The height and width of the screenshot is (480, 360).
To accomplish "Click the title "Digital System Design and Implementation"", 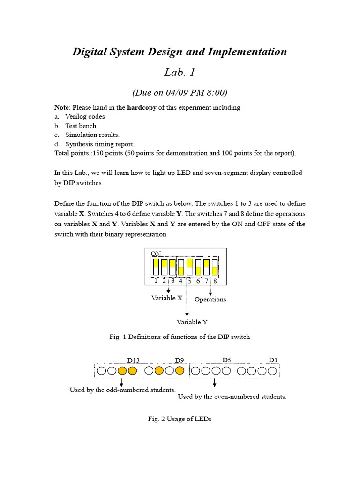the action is tap(180, 52).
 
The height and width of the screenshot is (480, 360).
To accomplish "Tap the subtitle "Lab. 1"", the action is tap(180, 73).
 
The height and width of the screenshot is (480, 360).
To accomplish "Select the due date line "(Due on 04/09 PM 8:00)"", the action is tap(180, 92).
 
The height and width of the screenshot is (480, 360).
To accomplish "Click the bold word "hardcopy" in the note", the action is tap(142, 107).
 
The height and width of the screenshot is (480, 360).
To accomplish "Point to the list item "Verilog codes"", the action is tap(85, 117).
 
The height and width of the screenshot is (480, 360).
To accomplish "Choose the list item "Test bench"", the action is tap(81, 126).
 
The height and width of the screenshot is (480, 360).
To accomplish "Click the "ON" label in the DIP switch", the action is tap(156, 254).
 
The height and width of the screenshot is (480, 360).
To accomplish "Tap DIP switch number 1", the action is tap(156, 267).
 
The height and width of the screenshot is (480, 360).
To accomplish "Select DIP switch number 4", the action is tap(181, 267).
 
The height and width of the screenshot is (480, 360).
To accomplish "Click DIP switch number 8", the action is tap(215, 267).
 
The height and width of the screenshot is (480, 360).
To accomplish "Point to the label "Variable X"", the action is tap(166, 298).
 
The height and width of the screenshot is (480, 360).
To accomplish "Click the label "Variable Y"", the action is tap(192, 322).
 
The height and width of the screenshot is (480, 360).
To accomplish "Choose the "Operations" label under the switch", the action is tap(210, 300).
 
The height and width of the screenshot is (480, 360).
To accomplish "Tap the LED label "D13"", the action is tap(134, 360).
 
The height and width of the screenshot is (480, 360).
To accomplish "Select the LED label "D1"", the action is tap(273, 360).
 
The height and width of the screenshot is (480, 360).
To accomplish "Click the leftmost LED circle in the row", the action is tap(101, 371).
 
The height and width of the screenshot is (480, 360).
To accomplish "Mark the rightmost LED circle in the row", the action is tap(273, 371).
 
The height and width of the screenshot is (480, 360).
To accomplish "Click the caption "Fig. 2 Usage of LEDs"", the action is tap(180, 419).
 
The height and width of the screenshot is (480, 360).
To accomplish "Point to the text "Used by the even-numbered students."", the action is tap(232, 397).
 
